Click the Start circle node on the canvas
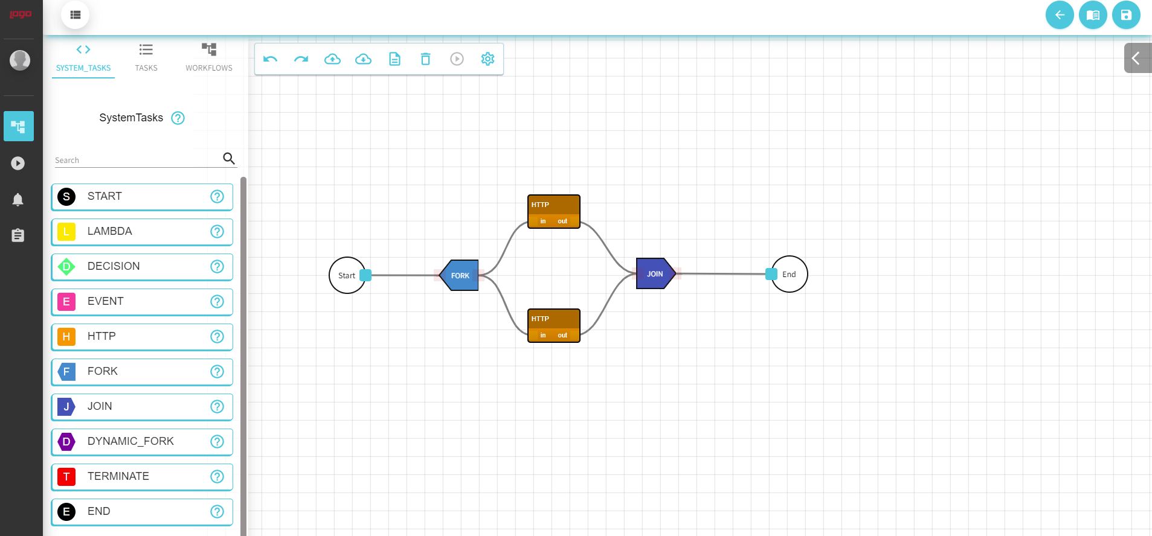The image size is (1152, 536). tap(346, 275)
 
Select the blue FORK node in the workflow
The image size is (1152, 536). tap(460, 275)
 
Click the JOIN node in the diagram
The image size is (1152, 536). tap(655, 273)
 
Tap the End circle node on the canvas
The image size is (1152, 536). tap(789, 274)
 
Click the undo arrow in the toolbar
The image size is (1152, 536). tap(270, 59)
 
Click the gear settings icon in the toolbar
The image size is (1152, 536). tap(488, 59)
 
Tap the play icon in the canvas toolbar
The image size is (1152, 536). tap(457, 59)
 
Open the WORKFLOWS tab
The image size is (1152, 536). tap(209, 57)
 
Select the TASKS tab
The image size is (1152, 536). tap(146, 57)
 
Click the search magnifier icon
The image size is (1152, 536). tap(229, 158)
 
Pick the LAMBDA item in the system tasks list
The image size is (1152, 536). tap(142, 232)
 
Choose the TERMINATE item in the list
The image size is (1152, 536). tap(142, 477)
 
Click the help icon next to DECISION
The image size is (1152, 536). tap(217, 267)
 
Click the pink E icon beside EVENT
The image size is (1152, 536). tap(66, 302)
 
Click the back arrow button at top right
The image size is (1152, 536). tap(1060, 15)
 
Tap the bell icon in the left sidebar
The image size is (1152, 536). tap(18, 200)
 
